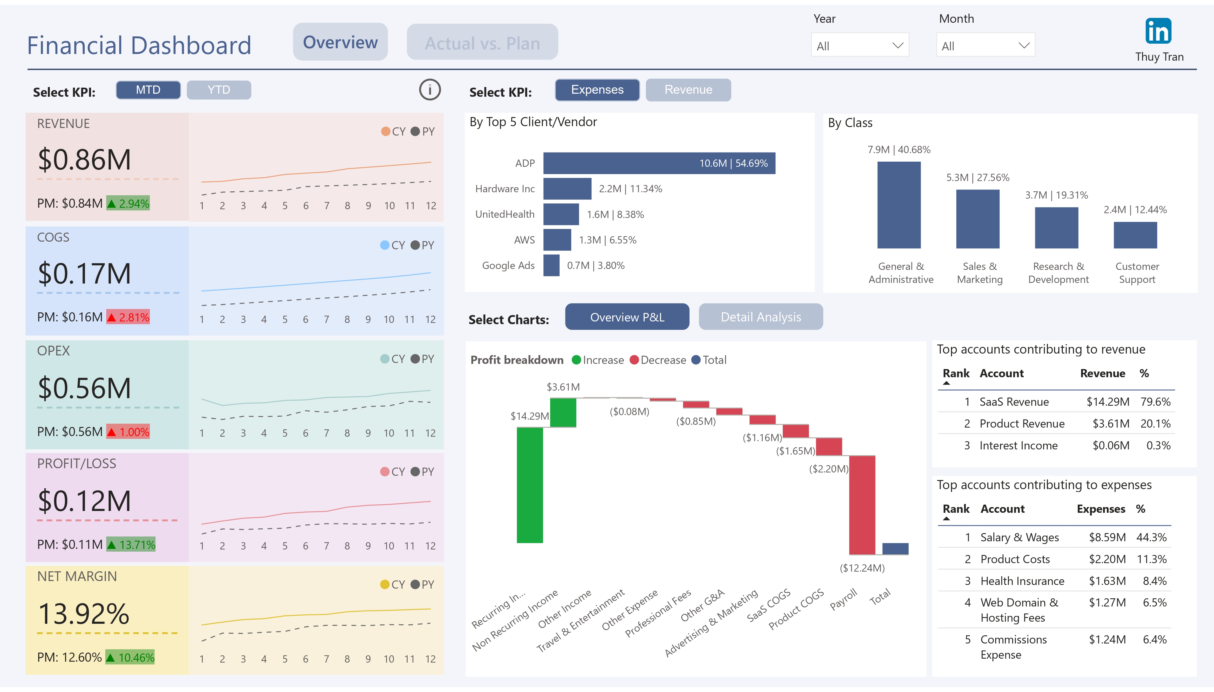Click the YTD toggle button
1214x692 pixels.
point(219,90)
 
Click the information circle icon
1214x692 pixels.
point(429,89)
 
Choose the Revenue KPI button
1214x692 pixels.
point(688,90)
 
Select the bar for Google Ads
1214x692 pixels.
point(551,265)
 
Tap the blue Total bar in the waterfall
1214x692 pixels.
point(895,549)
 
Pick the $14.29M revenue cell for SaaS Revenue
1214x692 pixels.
point(1107,401)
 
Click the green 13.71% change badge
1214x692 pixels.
point(131,544)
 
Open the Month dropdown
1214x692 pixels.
point(985,45)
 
